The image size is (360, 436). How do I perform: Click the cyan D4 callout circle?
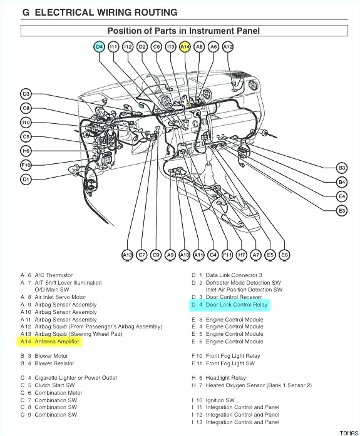pyautogui.click(x=100, y=46)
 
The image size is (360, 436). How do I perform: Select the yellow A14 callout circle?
pyautogui.click(x=185, y=46)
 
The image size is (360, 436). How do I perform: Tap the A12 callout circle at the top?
pyautogui.click(x=228, y=46)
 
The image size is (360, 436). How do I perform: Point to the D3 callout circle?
pyautogui.click(x=26, y=94)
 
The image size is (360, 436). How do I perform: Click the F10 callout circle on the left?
pyautogui.click(x=26, y=165)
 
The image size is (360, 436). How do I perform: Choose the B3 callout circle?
pyautogui.click(x=341, y=168)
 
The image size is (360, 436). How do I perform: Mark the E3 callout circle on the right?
pyautogui.click(x=341, y=211)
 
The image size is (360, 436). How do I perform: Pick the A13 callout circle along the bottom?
pyautogui.click(x=127, y=255)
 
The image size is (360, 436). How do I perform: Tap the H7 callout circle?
pyautogui.click(x=242, y=255)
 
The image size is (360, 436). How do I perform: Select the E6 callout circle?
pyautogui.click(x=284, y=255)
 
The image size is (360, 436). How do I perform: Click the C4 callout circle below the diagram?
pyautogui.click(x=213, y=255)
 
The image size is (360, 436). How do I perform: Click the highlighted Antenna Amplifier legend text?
pyautogui.click(x=58, y=342)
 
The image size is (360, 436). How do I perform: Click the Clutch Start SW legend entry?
pyautogui.click(x=56, y=385)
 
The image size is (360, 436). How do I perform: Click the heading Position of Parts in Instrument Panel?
pyautogui.click(x=183, y=30)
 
